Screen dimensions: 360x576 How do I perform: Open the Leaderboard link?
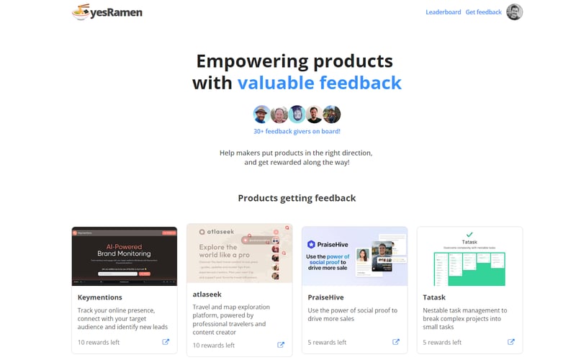[x=443, y=12]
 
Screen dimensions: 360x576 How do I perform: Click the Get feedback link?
[x=483, y=12]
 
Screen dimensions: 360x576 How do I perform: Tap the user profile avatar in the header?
[x=514, y=12]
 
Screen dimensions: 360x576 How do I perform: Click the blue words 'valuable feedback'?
[x=319, y=83]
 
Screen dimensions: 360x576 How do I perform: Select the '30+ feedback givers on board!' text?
[x=297, y=131]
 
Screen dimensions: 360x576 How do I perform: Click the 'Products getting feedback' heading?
[x=297, y=198]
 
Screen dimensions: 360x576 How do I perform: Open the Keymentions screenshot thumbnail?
[x=124, y=256]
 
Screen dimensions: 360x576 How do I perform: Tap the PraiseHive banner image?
[x=354, y=256]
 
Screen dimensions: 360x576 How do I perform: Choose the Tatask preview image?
[x=469, y=256]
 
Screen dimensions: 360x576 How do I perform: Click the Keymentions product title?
[x=100, y=297]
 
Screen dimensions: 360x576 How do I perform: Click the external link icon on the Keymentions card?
[x=166, y=342]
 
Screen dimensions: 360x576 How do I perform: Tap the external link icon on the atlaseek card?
[x=281, y=345]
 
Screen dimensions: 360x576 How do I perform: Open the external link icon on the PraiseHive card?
[x=396, y=342]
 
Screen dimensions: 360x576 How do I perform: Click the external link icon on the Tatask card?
[x=511, y=342]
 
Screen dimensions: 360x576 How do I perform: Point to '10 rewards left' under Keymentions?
[x=99, y=342]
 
